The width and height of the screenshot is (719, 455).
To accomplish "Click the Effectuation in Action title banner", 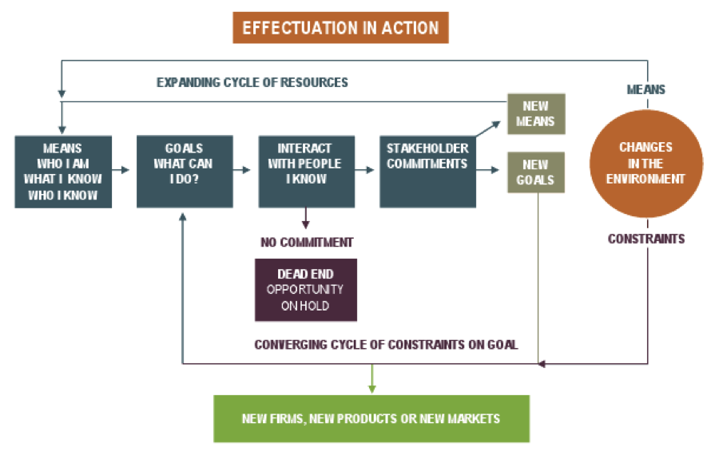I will tap(340, 28).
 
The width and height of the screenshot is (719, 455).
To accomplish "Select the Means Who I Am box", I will tap(62, 171).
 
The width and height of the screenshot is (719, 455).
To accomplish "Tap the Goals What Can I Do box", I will tap(185, 171).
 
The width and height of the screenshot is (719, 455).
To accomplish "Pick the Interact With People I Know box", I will tap(306, 171).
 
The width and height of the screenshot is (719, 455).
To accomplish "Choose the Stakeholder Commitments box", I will tap(427, 171).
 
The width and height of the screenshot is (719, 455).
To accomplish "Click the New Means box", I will tap(536, 114).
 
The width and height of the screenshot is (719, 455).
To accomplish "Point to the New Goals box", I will tap(536, 172).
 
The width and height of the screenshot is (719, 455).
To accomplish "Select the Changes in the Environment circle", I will tap(646, 164).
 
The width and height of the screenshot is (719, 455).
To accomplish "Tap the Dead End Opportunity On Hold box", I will tap(305, 289).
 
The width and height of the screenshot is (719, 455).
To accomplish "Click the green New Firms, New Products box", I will tap(371, 418).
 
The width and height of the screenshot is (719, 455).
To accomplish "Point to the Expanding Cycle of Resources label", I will tap(252, 82).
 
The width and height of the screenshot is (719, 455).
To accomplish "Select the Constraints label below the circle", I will tap(646, 239).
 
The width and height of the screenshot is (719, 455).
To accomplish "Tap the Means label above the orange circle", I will tap(646, 89).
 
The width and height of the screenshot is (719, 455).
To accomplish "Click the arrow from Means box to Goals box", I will tap(121, 169).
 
